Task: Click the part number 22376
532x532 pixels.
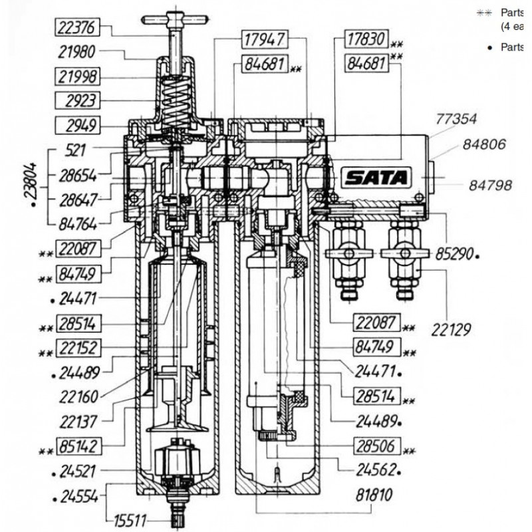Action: pyautogui.click(x=80, y=28)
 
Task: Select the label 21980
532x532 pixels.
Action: pyautogui.click(x=80, y=53)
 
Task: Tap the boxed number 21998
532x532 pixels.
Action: pyautogui.click(x=80, y=77)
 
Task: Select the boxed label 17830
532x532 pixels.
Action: pyautogui.click(x=366, y=40)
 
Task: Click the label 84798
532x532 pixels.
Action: pyautogui.click(x=490, y=186)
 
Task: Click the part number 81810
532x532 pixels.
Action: pyautogui.click(x=374, y=495)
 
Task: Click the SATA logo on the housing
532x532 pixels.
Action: pyautogui.click(x=376, y=177)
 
